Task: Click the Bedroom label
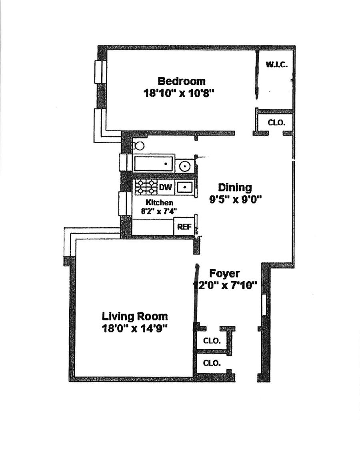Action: pos(182,81)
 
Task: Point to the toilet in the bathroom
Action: pos(138,145)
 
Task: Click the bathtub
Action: pos(153,164)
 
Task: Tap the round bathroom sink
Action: pos(185,165)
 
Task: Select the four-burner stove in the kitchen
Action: pos(146,186)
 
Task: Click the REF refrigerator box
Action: pos(184,227)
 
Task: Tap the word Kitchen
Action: pos(159,203)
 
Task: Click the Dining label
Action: pos(235,188)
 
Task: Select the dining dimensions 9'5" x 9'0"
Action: pos(235,200)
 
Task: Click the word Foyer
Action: pos(225,274)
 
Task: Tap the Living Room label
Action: pos(135,316)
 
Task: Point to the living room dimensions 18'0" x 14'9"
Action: pos(134,328)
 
